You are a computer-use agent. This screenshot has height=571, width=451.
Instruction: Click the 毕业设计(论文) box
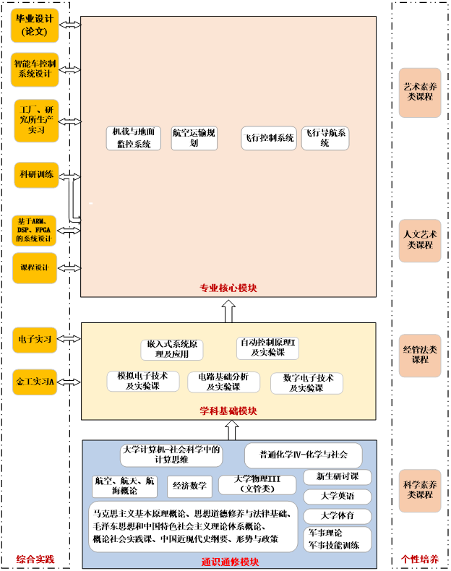tap(35, 25)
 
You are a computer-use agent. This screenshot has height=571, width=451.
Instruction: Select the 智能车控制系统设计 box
tap(35, 69)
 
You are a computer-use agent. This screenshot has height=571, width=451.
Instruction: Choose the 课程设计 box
tap(35, 267)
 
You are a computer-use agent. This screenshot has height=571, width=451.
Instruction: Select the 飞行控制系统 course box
tap(269, 138)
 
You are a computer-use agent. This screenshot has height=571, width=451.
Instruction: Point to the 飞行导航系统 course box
tap(325, 138)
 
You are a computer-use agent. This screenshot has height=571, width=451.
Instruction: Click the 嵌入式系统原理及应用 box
tap(172, 350)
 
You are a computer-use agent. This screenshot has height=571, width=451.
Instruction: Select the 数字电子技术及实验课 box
tap(307, 383)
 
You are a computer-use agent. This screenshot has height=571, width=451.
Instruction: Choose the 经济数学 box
tap(189, 486)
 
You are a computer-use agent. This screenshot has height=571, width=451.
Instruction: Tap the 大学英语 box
tap(338, 497)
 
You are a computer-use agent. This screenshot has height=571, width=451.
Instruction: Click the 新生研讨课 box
tap(338, 477)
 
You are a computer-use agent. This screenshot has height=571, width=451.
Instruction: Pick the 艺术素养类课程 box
tap(420, 92)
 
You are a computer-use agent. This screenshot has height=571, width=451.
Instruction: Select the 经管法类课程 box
tap(420, 355)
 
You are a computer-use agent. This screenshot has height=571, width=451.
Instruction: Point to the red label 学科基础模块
tap(228, 411)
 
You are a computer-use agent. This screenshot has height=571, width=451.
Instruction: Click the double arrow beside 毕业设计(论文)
tap(71, 25)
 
